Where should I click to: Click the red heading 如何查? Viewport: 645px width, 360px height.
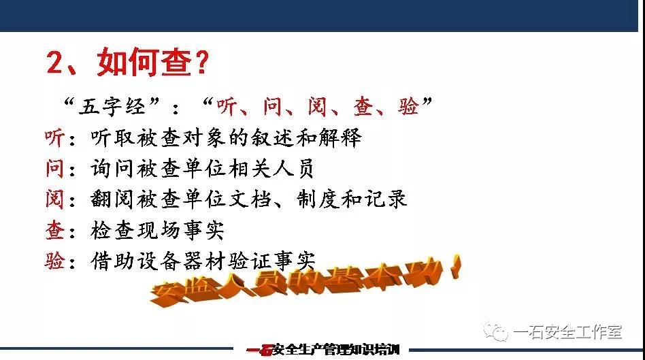click(144, 63)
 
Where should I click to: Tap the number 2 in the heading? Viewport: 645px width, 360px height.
click(56, 63)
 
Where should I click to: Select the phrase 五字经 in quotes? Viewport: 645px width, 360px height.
click(112, 106)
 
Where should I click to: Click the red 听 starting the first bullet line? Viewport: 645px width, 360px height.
click(54, 138)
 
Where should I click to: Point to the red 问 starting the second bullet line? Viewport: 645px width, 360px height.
click(54, 169)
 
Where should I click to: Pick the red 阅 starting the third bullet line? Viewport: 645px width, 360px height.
click(54, 199)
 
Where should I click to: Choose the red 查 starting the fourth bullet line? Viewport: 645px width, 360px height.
click(54, 231)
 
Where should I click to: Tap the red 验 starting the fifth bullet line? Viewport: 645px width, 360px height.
click(54, 261)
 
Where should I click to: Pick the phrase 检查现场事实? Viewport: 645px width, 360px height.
click(158, 231)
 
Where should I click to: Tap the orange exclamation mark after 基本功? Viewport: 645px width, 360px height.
click(454, 267)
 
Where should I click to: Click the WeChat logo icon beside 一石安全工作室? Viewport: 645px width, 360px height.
click(496, 331)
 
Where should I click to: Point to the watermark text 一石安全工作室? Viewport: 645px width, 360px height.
click(567, 332)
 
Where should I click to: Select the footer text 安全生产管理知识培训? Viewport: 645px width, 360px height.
click(335, 350)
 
